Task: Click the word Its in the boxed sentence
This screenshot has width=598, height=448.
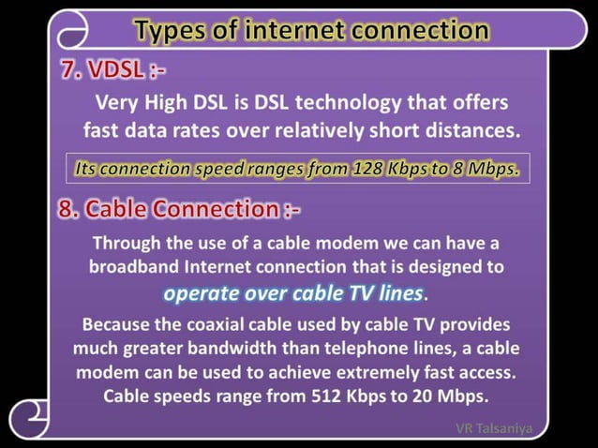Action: [x=86, y=169]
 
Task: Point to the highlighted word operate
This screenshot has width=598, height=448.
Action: [x=198, y=293]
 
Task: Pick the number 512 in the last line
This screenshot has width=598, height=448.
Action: [x=332, y=396]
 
